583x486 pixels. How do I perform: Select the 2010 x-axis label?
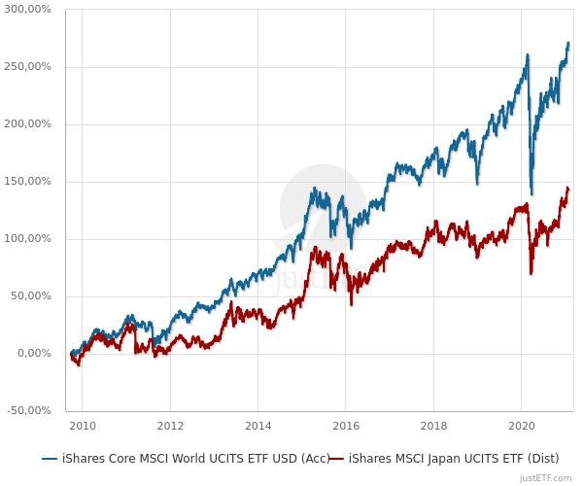83,426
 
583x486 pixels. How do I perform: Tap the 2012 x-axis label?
170,426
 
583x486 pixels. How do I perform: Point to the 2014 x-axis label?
258,426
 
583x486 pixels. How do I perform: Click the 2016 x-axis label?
346,426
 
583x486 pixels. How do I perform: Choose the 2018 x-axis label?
434,426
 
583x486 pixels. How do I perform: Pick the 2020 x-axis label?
522,426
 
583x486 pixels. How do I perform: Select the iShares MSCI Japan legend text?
461,458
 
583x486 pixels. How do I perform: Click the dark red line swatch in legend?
336,458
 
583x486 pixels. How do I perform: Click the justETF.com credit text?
546,477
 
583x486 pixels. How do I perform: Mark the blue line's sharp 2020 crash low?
532,193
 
